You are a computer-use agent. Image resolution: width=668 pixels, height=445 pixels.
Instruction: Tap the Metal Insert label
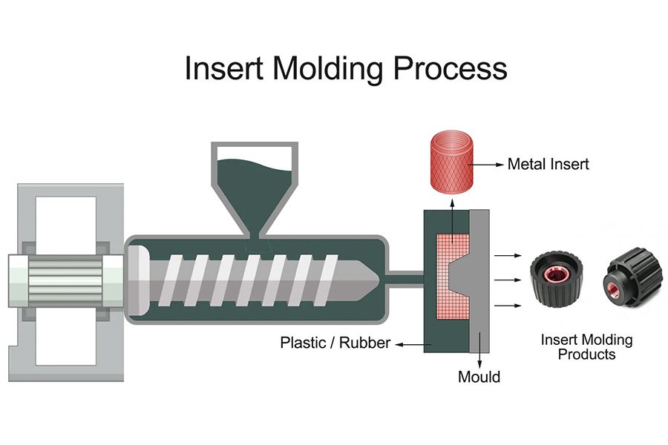(x=548, y=164)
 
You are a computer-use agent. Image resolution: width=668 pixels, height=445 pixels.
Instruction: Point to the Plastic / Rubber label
(x=335, y=343)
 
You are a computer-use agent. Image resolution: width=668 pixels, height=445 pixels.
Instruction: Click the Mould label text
(x=479, y=377)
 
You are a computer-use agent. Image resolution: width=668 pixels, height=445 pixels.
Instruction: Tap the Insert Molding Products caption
(x=586, y=347)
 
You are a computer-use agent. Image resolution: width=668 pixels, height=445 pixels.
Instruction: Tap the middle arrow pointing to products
(x=508, y=280)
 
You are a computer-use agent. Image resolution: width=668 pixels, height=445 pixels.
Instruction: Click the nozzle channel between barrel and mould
(x=405, y=280)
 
